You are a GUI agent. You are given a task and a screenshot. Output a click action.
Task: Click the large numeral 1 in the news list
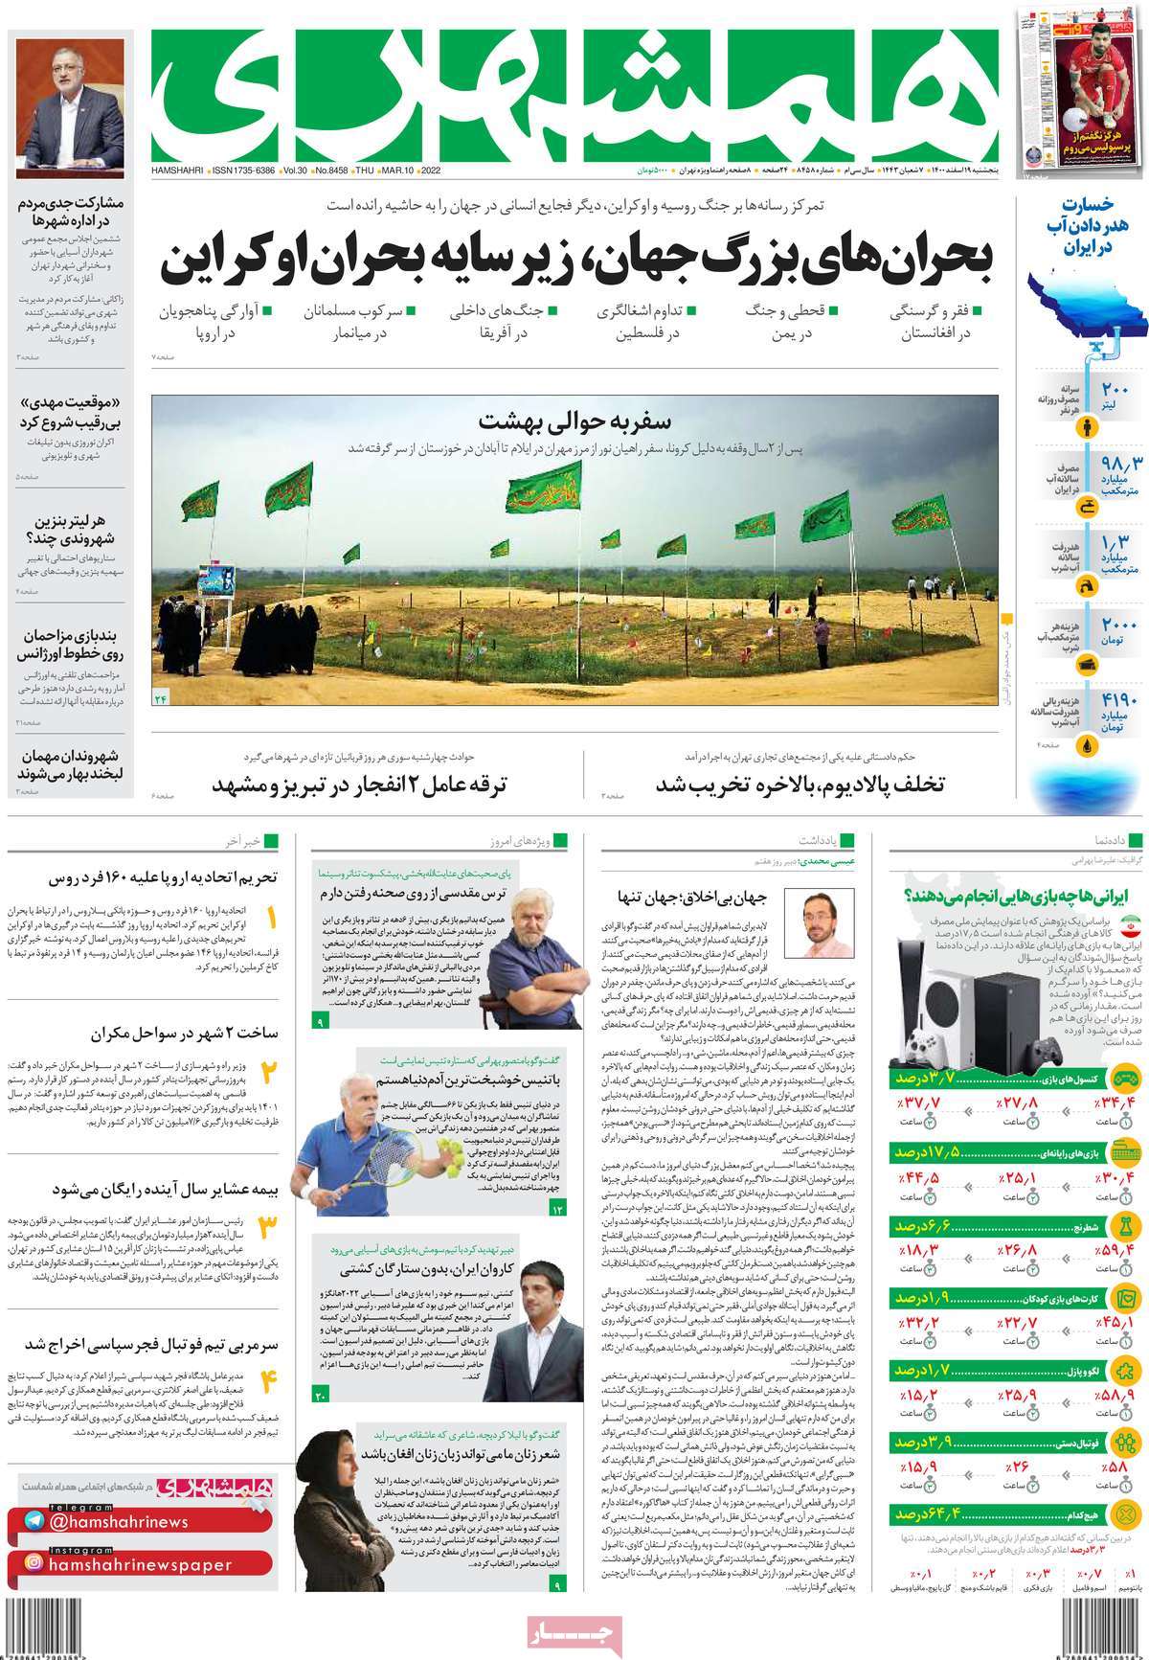271,920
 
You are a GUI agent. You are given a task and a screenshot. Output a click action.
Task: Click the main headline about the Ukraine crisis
574,261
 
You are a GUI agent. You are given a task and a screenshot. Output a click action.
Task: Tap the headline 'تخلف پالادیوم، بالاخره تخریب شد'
799,785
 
